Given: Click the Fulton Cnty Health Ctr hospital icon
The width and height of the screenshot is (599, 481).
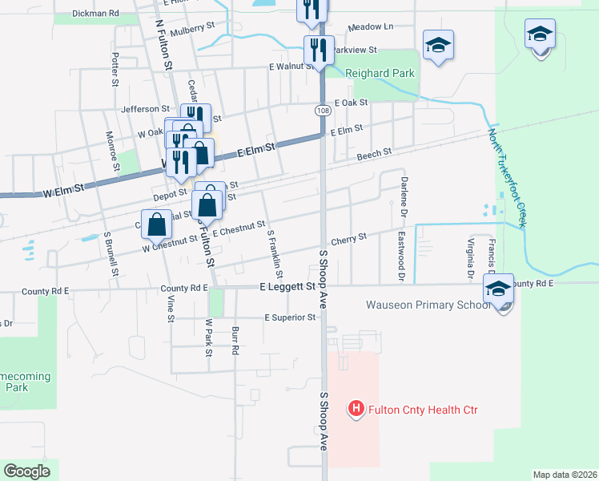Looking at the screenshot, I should (x=356, y=410).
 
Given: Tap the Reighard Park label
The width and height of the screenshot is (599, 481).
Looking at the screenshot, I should (x=380, y=74).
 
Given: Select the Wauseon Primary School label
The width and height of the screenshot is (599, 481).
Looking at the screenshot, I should (x=428, y=305).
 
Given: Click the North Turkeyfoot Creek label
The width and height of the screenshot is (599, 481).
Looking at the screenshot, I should (x=506, y=178).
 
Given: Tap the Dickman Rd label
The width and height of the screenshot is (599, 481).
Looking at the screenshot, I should (x=94, y=14).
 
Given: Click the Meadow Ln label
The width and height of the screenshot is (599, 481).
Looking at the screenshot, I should (x=371, y=26).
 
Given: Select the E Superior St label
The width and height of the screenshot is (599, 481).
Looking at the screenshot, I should (x=291, y=317).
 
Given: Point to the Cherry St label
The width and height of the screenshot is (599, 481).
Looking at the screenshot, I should (x=348, y=238).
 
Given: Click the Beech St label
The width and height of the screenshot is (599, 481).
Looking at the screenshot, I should (x=374, y=152).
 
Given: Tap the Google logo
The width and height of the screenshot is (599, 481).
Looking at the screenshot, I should (x=26, y=471).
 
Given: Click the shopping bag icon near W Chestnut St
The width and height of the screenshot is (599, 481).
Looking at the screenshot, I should (x=156, y=223).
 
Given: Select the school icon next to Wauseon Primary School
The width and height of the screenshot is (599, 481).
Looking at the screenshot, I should (x=498, y=289).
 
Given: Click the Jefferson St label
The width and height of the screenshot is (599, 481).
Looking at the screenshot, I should (x=146, y=108).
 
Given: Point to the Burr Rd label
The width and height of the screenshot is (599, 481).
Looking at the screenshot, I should (x=235, y=341).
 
